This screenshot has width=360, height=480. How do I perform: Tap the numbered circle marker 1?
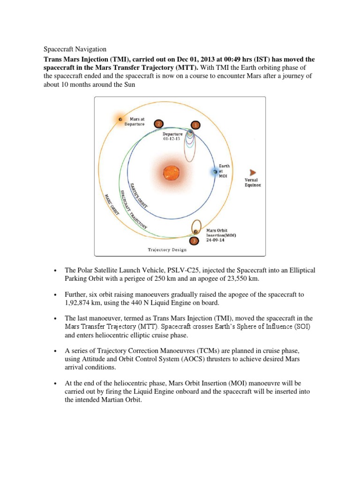pyautogui.click(x=195, y=125)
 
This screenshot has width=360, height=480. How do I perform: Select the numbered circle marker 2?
pyautogui.click(x=159, y=123)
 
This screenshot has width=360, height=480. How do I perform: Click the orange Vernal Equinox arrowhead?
pyautogui.click(x=253, y=172)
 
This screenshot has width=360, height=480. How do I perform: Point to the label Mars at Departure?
pyautogui.click(x=135, y=122)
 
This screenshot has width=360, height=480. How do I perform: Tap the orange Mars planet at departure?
pyautogui.click(x=120, y=119)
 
